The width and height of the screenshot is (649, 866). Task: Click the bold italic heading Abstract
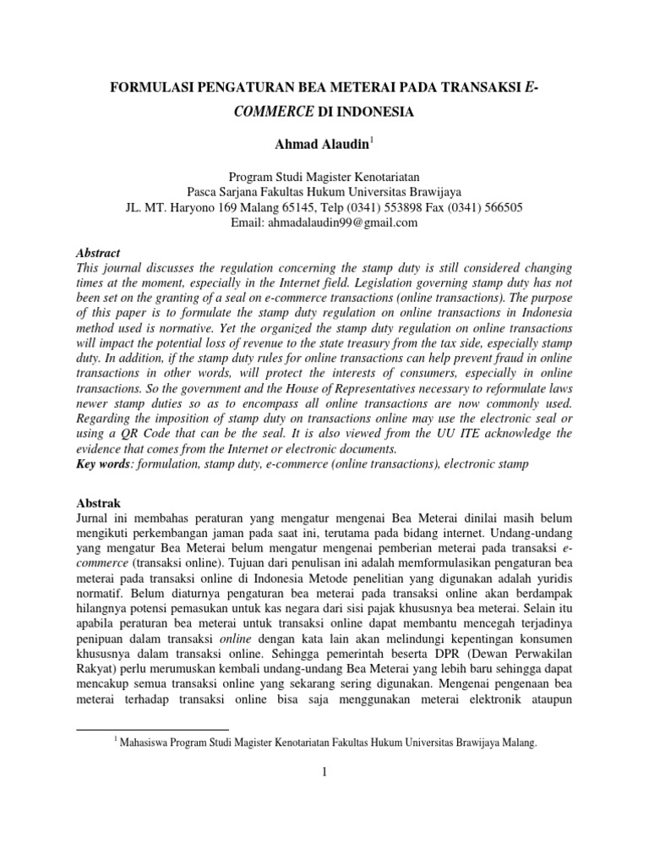click(x=98, y=253)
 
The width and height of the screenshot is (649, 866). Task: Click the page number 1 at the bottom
click(x=324, y=796)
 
